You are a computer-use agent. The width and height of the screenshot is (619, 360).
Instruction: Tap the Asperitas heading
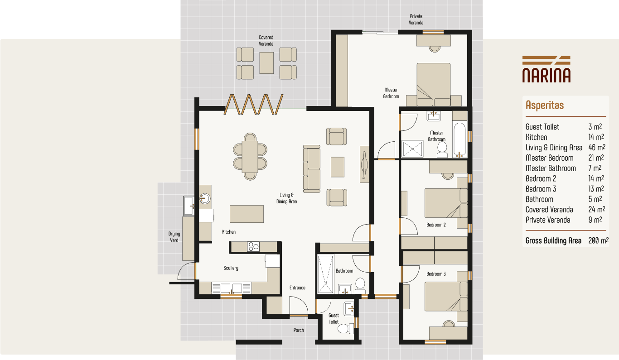pyautogui.click(x=544, y=106)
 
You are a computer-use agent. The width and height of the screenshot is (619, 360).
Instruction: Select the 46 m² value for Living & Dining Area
pyautogui.click(x=596, y=148)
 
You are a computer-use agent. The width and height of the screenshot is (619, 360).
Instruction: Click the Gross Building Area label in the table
pyautogui.click(x=553, y=241)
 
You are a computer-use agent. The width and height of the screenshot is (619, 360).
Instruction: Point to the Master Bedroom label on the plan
pyautogui.click(x=391, y=93)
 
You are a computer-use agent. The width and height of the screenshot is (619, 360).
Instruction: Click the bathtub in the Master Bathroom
pyautogui.click(x=459, y=139)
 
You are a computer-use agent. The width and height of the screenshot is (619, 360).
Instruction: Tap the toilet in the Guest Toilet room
pyautogui.click(x=344, y=328)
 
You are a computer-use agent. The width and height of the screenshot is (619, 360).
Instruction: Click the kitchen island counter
pyautogui.click(x=247, y=214)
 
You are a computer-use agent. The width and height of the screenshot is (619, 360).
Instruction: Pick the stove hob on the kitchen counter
pyautogui.click(x=253, y=247)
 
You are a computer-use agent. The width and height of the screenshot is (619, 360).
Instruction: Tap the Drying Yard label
pyautogui.click(x=174, y=237)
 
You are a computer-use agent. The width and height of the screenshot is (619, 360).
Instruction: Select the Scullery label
pyautogui.click(x=231, y=268)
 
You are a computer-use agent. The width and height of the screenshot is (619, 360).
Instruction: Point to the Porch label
pyautogui.click(x=299, y=330)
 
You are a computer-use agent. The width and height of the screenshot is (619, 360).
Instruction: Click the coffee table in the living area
pyautogui.click(x=337, y=167)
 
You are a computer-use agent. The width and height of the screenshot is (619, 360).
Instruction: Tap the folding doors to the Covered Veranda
pyautogui.click(x=254, y=104)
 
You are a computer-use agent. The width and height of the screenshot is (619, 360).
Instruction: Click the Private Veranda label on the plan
pyautogui.click(x=416, y=19)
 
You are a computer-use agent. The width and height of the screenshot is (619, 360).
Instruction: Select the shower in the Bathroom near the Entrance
pyautogui.click(x=325, y=274)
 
